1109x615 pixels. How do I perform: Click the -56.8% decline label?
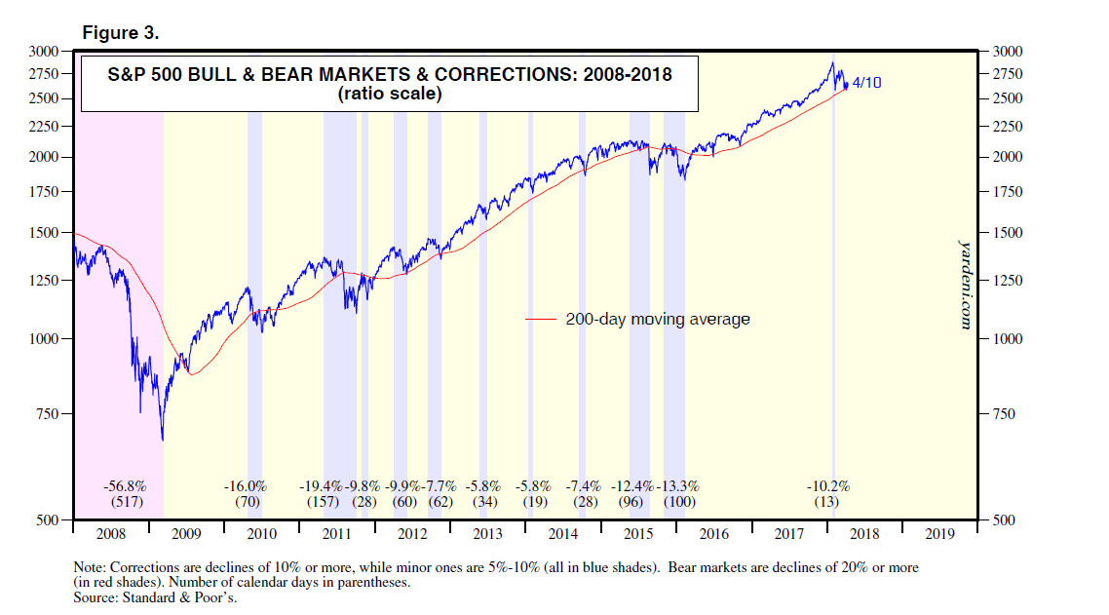tap(126, 485)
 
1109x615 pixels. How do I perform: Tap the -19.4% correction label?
tap(322, 485)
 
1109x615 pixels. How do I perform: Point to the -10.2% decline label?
tap(828, 485)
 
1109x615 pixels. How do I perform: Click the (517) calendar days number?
tap(126, 502)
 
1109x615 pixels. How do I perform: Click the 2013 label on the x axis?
tap(486, 534)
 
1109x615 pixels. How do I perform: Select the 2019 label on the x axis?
tap(938, 534)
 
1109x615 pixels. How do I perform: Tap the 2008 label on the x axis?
tap(111, 534)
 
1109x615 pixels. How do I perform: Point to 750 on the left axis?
tap(47, 414)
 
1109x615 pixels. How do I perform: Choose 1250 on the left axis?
tap(44, 281)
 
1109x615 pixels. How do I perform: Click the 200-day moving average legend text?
tap(658, 319)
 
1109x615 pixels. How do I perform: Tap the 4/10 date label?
tap(866, 84)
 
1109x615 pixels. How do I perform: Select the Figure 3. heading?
tap(121, 32)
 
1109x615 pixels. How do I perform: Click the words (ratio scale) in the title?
tap(390, 95)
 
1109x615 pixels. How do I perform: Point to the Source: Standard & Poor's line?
tap(156, 597)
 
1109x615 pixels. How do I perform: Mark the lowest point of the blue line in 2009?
tap(162, 441)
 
